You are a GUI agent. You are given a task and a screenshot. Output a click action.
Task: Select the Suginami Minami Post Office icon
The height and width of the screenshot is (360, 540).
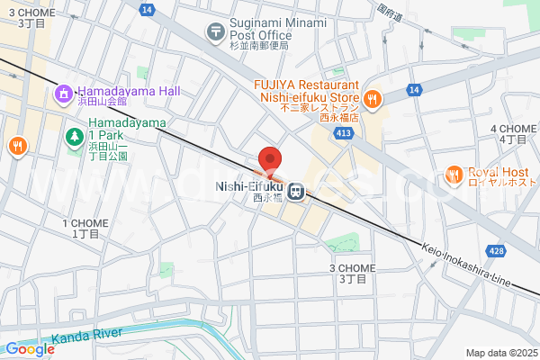pos(215,31)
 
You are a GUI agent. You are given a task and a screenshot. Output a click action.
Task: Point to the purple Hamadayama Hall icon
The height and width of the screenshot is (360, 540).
pos(65,92)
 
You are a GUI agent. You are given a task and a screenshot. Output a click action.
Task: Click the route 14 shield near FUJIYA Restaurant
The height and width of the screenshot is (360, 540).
pos(413,90)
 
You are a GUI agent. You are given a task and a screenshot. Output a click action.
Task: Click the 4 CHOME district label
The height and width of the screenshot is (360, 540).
pos(513,134)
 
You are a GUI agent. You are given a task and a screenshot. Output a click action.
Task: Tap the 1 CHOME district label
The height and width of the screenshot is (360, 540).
pos(85,228)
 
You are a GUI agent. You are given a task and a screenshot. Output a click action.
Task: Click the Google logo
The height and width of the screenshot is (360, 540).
pos(30,349)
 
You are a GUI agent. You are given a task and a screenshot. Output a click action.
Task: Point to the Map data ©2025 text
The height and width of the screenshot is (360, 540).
pos(501,353)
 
